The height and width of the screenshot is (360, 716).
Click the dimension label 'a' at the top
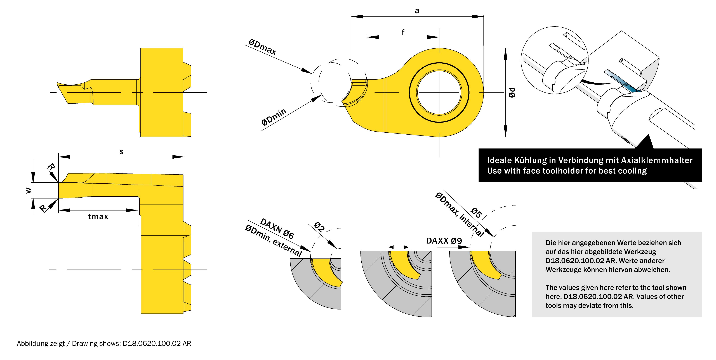[417, 11]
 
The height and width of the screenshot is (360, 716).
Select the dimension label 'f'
[403, 32]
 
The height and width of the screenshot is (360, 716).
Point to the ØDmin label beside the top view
[274, 117]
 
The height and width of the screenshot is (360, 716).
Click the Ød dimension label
[512, 92]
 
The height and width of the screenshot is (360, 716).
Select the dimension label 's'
[121, 152]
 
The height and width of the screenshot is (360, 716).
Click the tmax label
[98, 216]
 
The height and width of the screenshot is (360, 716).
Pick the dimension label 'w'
[28, 190]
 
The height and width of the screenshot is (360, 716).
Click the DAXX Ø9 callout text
[444, 240]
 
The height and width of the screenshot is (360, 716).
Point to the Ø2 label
[319, 227]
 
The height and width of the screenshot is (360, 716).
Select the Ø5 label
[476, 213]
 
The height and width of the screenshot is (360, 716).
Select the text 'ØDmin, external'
[273, 240]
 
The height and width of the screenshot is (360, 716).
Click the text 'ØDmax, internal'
[459, 214]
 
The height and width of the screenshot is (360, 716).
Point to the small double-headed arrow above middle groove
[398, 247]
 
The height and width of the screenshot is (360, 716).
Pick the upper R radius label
[51, 167]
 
